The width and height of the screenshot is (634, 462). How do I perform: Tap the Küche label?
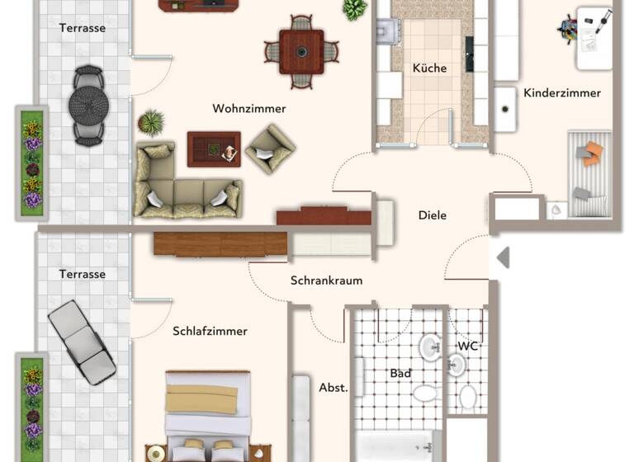(429, 68)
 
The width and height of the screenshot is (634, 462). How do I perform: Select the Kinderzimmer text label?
(562, 93)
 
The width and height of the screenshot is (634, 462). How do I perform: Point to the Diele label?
(433, 215)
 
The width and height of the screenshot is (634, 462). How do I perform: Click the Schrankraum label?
(326, 280)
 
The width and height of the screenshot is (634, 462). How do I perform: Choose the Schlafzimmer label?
(210, 332)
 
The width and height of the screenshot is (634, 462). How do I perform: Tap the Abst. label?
(334, 387)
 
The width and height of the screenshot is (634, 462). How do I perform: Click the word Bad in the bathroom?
(400, 374)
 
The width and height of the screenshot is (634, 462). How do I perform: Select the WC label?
(468, 346)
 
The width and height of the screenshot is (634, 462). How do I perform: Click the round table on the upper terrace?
(88, 105)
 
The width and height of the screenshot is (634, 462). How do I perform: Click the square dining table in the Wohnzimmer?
(301, 52)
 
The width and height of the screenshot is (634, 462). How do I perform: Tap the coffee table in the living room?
(213, 149)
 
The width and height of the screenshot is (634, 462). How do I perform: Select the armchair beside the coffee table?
(270, 148)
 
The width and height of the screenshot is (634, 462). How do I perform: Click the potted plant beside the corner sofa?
(151, 123)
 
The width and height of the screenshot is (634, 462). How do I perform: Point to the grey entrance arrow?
(502, 258)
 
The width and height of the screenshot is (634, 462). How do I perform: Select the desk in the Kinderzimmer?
(594, 37)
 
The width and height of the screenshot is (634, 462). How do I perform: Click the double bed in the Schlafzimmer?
(208, 417)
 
